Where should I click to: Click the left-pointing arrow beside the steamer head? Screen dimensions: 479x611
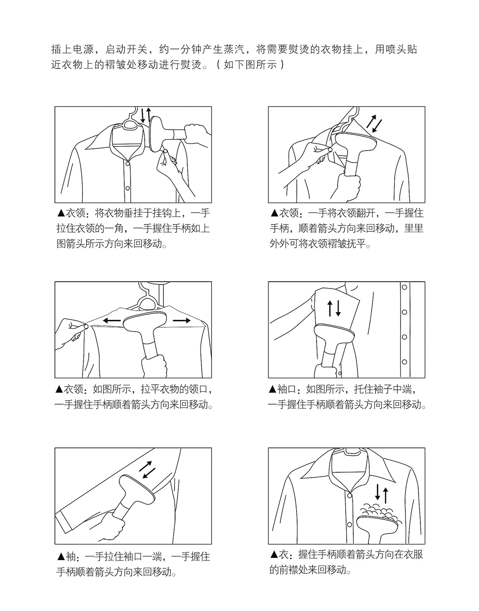(112, 320)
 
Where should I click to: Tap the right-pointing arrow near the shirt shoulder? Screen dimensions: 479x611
(181, 320)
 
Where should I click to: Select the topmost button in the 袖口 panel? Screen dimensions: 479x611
(405, 288)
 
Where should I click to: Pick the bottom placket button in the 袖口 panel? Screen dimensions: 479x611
(405, 362)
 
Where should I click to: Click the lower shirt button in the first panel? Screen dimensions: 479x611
(127, 188)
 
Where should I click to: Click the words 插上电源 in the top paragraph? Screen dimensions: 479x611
(73, 49)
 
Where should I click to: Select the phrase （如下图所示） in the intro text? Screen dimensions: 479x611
(250, 65)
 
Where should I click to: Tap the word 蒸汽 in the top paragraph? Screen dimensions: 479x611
(235, 49)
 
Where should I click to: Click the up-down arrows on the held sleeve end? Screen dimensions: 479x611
(334, 308)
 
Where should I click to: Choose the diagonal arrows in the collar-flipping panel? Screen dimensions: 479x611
(374, 124)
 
